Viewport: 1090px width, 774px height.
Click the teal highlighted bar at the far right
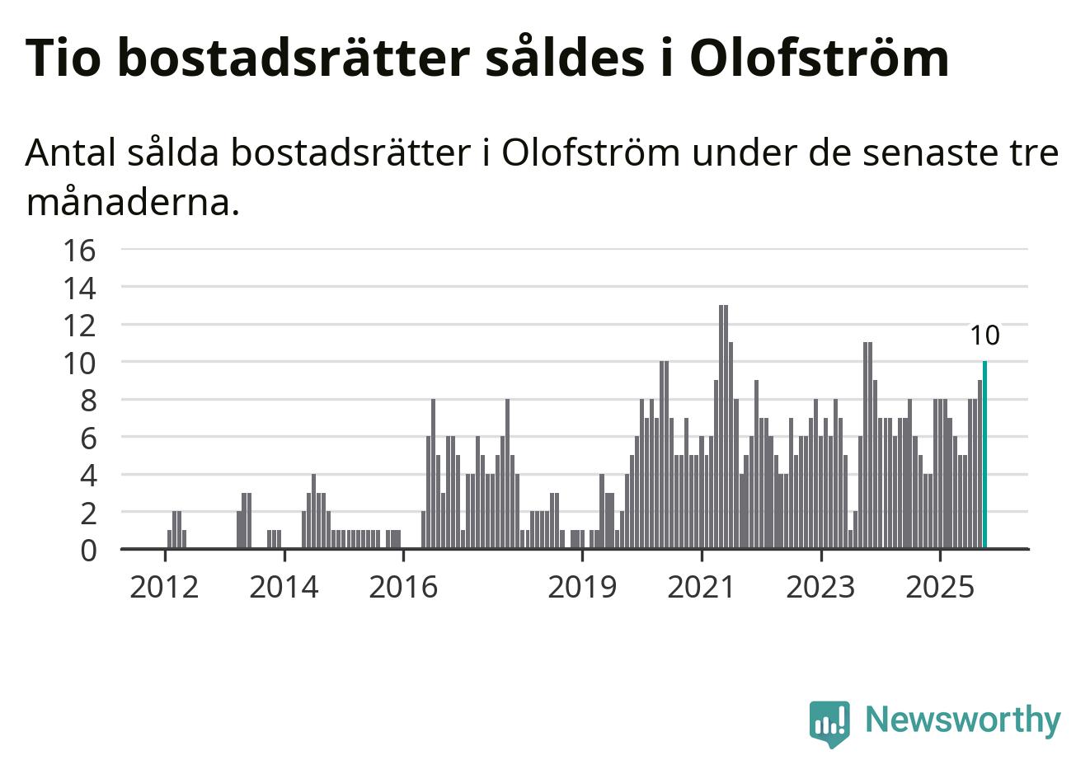point(984,455)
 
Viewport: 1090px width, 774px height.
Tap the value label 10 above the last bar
point(984,335)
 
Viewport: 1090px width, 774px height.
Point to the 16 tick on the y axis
point(80,249)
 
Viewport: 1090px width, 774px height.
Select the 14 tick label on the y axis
point(80,288)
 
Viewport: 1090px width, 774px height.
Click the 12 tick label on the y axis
point(80,325)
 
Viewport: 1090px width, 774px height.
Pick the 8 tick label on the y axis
point(87,400)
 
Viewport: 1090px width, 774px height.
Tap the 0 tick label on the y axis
point(87,550)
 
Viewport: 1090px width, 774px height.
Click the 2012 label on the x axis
point(165,587)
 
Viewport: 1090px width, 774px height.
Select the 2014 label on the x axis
point(284,587)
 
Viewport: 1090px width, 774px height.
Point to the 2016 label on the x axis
point(403,587)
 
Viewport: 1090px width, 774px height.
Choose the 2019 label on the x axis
point(582,587)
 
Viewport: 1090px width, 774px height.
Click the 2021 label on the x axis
point(702,587)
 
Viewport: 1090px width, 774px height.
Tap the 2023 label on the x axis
point(820,587)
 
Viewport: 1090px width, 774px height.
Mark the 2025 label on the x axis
point(940,587)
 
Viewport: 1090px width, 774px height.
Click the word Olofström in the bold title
point(819,58)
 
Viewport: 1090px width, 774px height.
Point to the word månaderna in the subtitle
point(132,202)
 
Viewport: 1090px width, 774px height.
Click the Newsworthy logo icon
point(829,723)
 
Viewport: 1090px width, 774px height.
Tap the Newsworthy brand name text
point(963,720)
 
